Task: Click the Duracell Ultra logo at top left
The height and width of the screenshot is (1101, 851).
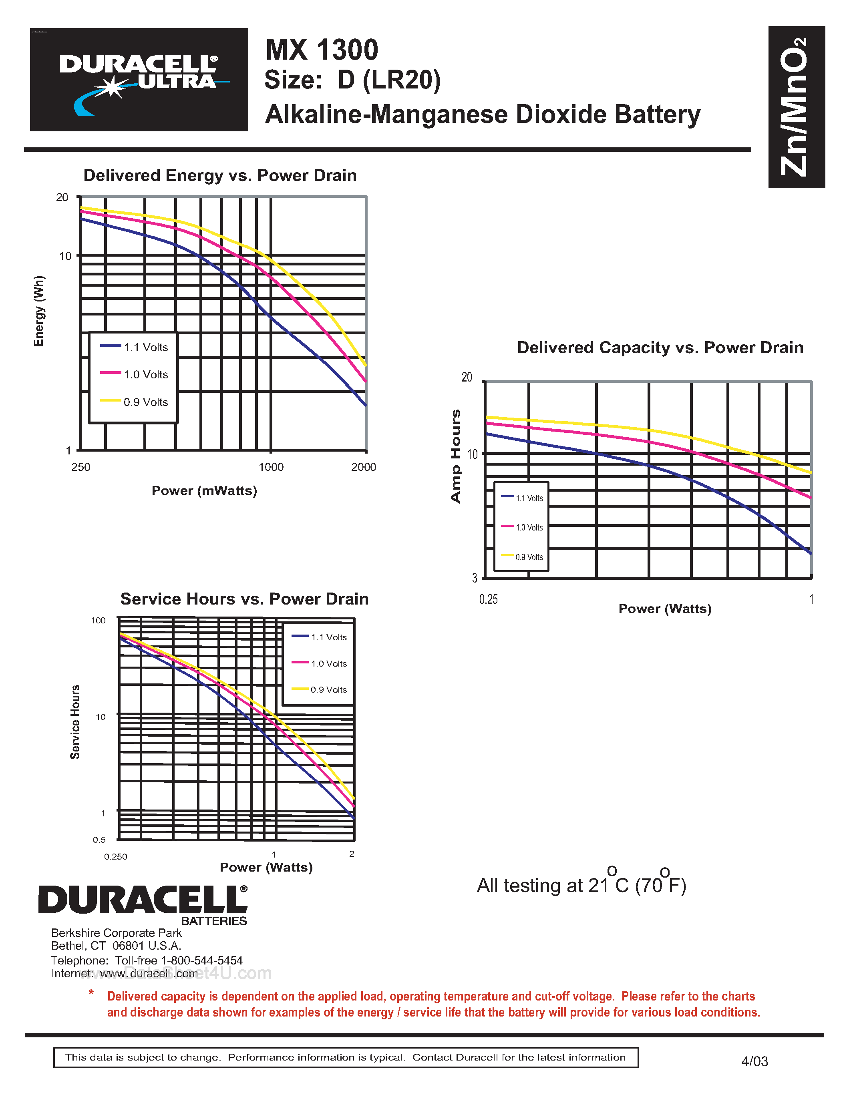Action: [x=139, y=80]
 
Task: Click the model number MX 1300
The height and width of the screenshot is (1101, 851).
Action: [x=322, y=50]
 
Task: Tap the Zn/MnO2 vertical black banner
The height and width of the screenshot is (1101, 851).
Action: [x=796, y=107]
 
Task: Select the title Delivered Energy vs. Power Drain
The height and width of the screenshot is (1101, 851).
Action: [x=220, y=175]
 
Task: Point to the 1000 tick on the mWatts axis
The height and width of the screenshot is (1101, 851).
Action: [x=271, y=467]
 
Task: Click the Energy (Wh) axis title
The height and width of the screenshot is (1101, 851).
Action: [x=39, y=311]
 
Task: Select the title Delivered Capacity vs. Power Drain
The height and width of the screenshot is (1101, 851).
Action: [x=660, y=348]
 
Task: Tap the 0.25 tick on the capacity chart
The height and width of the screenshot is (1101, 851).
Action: [x=488, y=599]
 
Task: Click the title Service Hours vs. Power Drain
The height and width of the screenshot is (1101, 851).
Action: [x=245, y=599]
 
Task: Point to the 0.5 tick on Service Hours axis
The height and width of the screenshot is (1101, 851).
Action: [x=99, y=840]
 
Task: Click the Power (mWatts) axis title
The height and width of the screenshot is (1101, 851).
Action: [x=204, y=490]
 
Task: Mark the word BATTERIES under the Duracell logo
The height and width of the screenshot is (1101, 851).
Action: [x=214, y=921]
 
